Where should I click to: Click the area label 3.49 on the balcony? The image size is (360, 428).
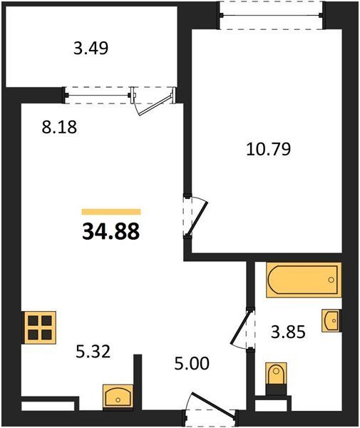click(x=91, y=49)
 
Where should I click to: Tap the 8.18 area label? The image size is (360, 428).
click(x=59, y=127)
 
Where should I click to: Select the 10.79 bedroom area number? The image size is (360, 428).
click(x=269, y=149)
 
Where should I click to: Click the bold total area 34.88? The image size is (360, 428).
click(x=111, y=231)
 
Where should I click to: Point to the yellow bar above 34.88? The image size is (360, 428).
click(x=111, y=212)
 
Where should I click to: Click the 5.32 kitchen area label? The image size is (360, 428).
click(x=93, y=352)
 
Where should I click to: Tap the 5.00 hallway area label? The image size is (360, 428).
click(x=192, y=364)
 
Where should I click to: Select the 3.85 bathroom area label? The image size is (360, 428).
click(x=288, y=332)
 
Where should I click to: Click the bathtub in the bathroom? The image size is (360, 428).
click(x=304, y=280)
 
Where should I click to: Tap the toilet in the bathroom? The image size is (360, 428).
click(x=277, y=379)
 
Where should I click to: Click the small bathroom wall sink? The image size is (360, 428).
click(x=331, y=320)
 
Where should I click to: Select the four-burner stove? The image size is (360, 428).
click(x=39, y=327)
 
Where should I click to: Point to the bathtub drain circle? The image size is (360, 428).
click(x=331, y=280)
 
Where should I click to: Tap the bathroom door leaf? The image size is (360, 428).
click(x=240, y=327)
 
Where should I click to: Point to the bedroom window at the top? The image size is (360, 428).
click(x=272, y=15)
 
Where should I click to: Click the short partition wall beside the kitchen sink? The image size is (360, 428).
click(x=138, y=382)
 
